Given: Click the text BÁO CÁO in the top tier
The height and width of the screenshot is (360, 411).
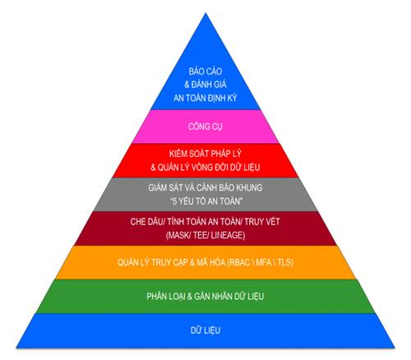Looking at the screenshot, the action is tap(205, 72).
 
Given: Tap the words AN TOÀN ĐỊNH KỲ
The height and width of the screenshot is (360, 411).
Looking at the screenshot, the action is tap(205, 98).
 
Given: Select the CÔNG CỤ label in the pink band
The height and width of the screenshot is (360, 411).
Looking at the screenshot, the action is tap(205, 127).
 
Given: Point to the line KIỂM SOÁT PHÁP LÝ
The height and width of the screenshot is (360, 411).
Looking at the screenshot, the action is tap(205, 154).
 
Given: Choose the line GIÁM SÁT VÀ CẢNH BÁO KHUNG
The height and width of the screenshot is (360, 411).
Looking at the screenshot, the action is tap(205, 187).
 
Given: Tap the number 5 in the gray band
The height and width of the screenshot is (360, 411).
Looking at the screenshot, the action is tap(174, 201).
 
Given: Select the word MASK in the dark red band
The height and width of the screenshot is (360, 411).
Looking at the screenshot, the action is tap(178, 235).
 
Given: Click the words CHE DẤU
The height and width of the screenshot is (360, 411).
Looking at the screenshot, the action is tap(146, 221).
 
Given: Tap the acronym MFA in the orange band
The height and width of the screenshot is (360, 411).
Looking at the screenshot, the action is tap(263, 262).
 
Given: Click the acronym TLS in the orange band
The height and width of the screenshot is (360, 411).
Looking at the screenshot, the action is tap(284, 262).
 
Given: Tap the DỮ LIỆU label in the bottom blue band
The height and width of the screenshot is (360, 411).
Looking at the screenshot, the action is tap(205, 330).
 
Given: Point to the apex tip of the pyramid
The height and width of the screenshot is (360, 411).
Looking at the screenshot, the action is tap(205, 13).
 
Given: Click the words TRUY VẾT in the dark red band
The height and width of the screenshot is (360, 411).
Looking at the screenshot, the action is tap(262, 221).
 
